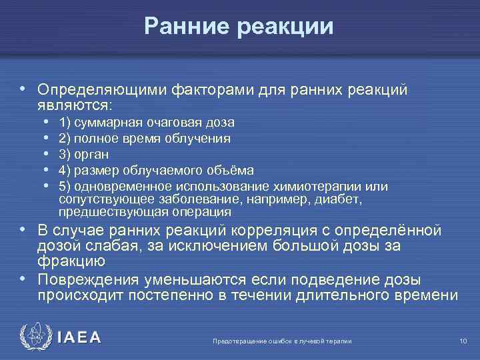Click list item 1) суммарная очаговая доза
pos(146,123)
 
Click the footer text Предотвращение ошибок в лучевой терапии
pos(281,341)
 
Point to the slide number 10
pos(463,341)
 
